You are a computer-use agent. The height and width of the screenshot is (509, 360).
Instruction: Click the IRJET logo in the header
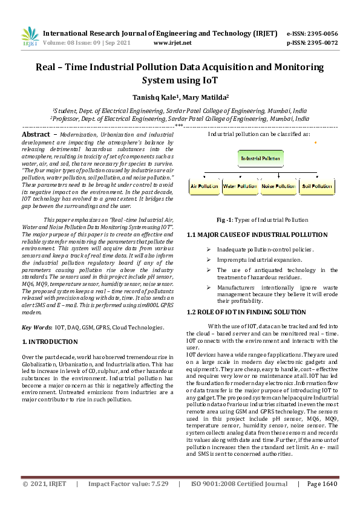point(30,38)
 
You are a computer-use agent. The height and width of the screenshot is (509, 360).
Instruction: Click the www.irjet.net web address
point(172,43)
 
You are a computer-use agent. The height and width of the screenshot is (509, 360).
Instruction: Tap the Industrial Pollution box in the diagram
point(261,158)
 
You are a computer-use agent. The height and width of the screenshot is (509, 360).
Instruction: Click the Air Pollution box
point(205,187)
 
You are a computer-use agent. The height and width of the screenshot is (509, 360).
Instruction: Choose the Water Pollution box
point(240,187)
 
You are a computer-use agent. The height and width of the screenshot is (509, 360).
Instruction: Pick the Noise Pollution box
point(278,187)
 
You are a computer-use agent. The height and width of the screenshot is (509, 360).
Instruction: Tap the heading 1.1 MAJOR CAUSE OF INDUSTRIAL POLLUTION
point(255,234)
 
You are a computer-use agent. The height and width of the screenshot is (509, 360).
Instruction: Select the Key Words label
point(37,327)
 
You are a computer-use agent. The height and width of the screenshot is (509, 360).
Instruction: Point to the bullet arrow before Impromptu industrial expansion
point(208,260)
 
